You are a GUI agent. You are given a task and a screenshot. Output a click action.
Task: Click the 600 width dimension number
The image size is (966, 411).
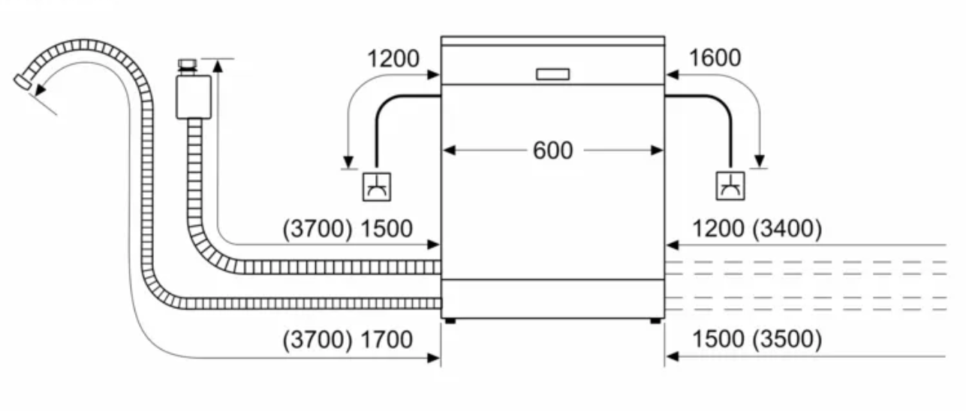tap(552, 151)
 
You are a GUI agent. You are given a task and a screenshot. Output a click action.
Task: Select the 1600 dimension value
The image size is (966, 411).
tap(714, 58)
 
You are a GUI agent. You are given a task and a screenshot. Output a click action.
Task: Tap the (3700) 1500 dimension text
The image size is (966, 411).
tap(348, 229)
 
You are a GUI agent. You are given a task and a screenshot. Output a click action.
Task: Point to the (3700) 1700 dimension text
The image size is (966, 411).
tap(348, 340)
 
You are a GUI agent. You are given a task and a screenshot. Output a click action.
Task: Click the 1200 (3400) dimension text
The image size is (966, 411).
tap(757, 229)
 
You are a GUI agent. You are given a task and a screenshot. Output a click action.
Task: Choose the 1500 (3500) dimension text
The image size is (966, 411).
tap(757, 340)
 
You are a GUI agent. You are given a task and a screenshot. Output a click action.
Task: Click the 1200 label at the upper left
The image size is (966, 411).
tap(393, 58)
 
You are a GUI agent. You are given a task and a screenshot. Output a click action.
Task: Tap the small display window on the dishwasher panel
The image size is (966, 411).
tap(552, 74)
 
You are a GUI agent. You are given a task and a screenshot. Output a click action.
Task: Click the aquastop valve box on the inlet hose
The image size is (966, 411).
tap(194, 97)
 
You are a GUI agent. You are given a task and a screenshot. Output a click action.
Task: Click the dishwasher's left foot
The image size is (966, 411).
tap(449, 321)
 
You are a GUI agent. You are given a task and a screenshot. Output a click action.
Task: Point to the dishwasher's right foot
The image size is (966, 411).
tap(656, 321)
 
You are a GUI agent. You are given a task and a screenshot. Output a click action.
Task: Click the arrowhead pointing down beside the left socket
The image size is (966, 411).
tap(348, 162)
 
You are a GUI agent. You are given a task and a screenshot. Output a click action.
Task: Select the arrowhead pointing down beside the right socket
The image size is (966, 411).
tap(760, 160)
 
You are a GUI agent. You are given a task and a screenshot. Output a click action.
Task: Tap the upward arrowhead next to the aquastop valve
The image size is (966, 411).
tap(218, 65)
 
